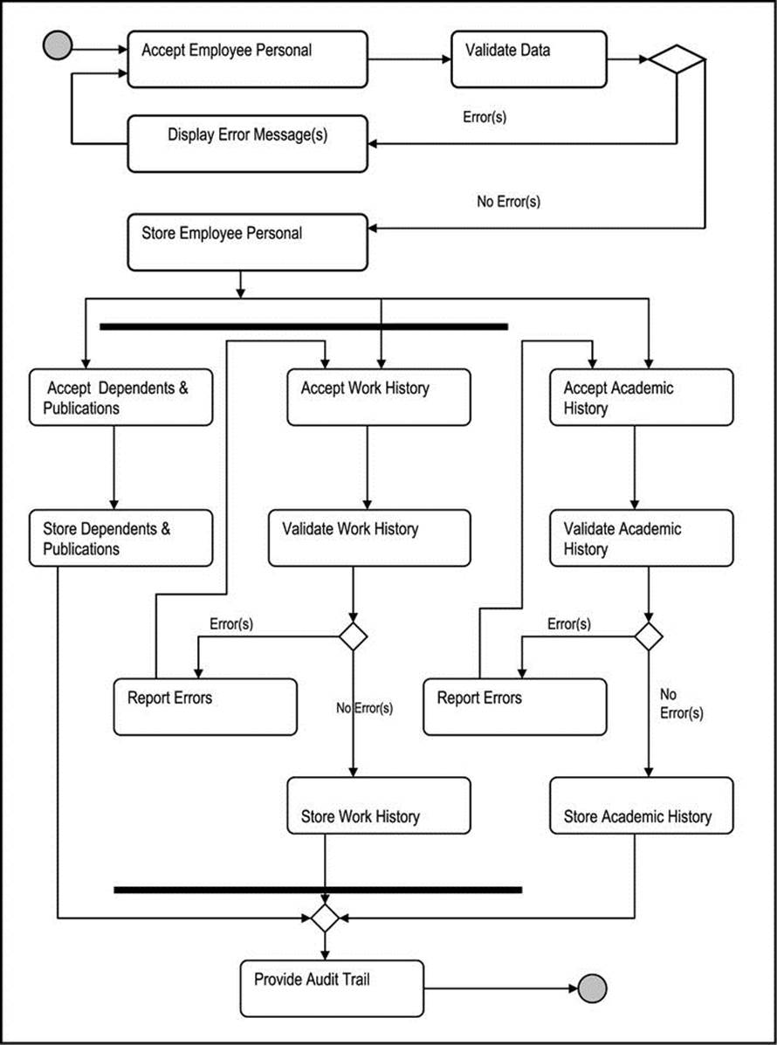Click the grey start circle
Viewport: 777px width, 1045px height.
coord(58,45)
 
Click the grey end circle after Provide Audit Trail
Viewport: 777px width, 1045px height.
coord(593,987)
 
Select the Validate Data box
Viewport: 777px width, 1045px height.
coord(529,59)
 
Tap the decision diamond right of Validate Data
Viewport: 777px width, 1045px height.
coord(677,59)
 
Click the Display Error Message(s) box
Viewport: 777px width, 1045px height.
coord(247,143)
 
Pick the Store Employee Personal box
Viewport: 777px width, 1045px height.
coord(247,242)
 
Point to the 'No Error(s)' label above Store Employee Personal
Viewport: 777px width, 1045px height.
coord(508,202)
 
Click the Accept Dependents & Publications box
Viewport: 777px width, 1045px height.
coord(120,397)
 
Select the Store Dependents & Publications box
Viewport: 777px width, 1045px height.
coord(120,538)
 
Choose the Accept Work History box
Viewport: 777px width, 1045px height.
coord(379,397)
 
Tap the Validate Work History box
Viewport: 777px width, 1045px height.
coord(369,538)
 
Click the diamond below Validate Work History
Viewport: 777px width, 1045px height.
coord(354,636)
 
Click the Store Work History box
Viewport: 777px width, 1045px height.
coord(379,805)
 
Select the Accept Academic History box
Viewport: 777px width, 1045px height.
coord(641,397)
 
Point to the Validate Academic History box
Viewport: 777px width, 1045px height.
coord(641,538)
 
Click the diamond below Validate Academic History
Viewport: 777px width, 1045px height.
coord(649,636)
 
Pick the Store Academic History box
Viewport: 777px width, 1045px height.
coord(641,805)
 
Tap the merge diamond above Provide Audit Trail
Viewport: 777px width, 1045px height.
coord(325,918)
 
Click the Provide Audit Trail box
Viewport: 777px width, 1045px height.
coord(332,988)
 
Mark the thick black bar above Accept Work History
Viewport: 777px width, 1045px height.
coord(304,327)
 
